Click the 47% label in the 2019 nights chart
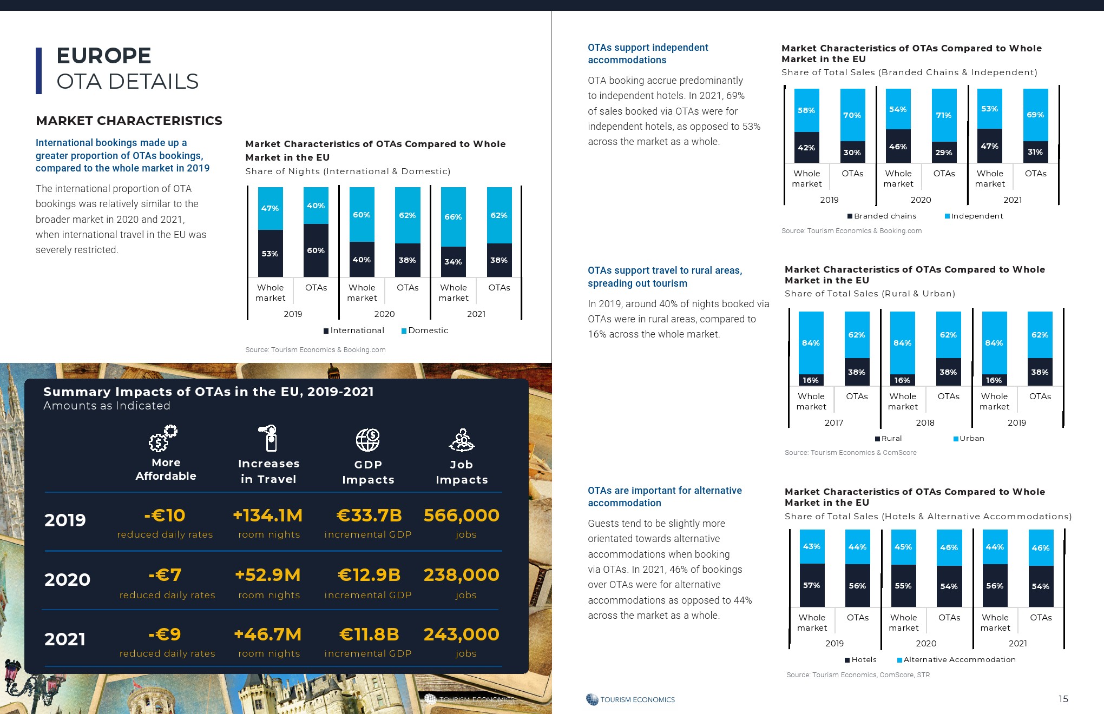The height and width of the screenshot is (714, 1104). (x=270, y=208)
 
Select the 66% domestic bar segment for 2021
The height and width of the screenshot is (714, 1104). (x=453, y=217)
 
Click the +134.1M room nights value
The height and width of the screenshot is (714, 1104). (x=268, y=515)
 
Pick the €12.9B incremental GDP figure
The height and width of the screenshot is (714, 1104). (x=369, y=575)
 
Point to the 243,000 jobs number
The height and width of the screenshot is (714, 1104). (x=461, y=634)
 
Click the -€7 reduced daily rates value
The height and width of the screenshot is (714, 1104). (x=165, y=575)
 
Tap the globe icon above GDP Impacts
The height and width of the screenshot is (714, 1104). (x=368, y=440)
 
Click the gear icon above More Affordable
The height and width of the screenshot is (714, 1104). (x=163, y=438)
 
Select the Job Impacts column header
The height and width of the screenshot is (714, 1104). (x=462, y=472)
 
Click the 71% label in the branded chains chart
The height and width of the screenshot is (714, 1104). (x=944, y=115)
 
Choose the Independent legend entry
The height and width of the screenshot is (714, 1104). (x=976, y=216)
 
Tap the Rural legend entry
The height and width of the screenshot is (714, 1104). (x=891, y=439)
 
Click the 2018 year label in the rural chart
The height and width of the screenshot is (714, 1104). (x=925, y=423)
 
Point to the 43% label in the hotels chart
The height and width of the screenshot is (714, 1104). (x=812, y=546)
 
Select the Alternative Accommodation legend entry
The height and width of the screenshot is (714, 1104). (x=958, y=660)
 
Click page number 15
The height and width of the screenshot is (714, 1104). (x=1063, y=699)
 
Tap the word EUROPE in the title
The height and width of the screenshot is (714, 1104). (x=104, y=56)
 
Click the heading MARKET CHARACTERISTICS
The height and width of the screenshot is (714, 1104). (x=129, y=121)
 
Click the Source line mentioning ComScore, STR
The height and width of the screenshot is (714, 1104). (x=858, y=675)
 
